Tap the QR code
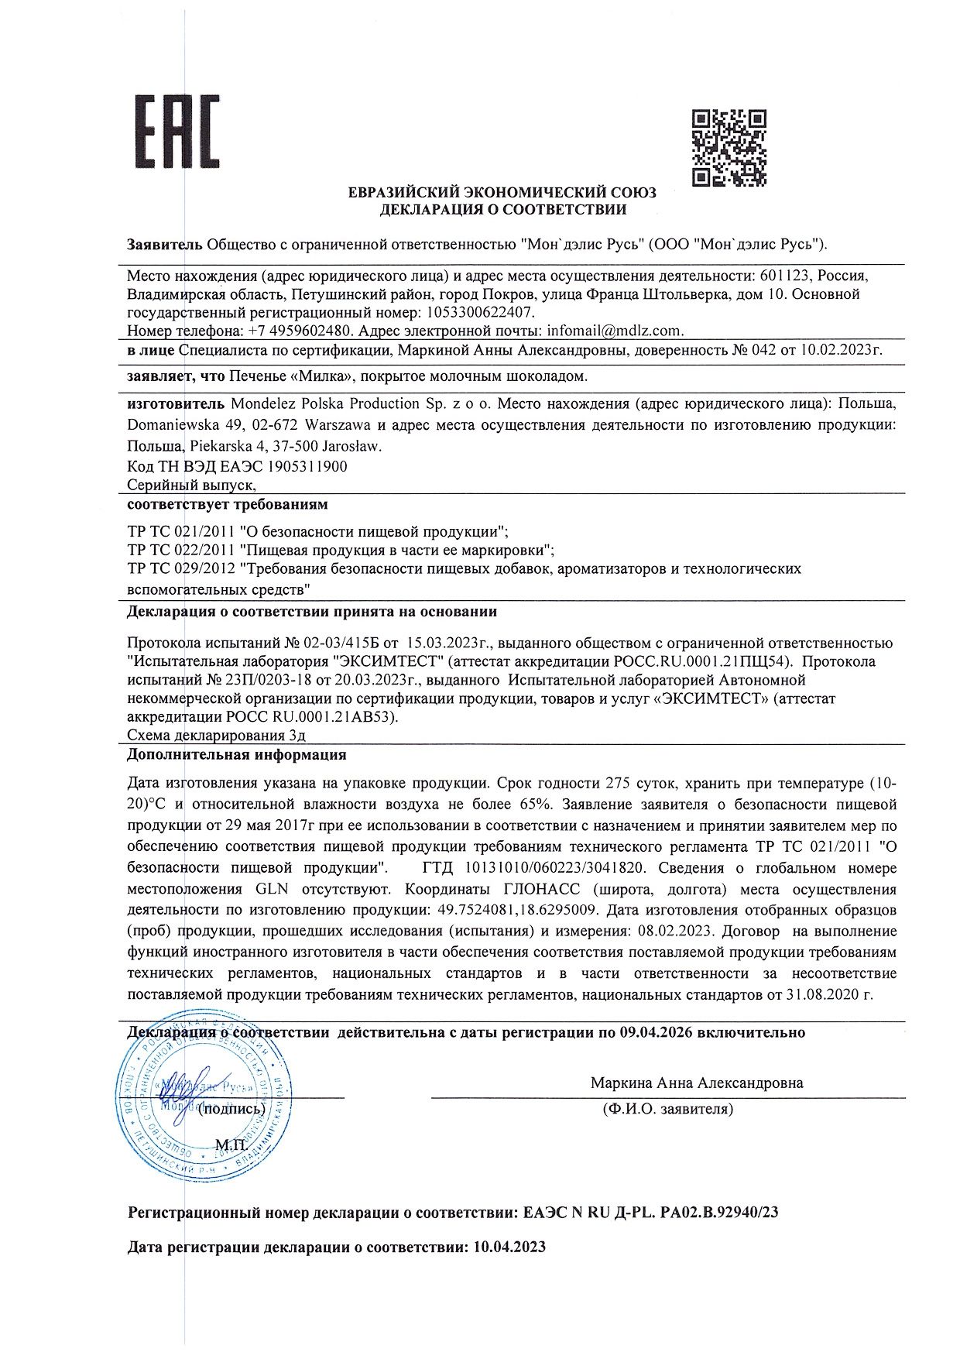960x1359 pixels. [x=729, y=148]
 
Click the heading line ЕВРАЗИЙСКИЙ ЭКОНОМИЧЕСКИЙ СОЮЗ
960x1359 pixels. [x=502, y=192]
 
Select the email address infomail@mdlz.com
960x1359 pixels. [x=615, y=331]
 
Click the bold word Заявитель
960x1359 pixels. [x=165, y=245]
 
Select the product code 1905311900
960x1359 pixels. [x=307, y=466]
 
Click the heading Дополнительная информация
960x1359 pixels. [x=237, y=754]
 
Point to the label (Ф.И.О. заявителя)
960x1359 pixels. [x=667, y=1109]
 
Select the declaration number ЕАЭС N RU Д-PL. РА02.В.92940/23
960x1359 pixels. [x=650, y=1213]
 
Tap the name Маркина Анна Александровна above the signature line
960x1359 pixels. [x=697, y=1083]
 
